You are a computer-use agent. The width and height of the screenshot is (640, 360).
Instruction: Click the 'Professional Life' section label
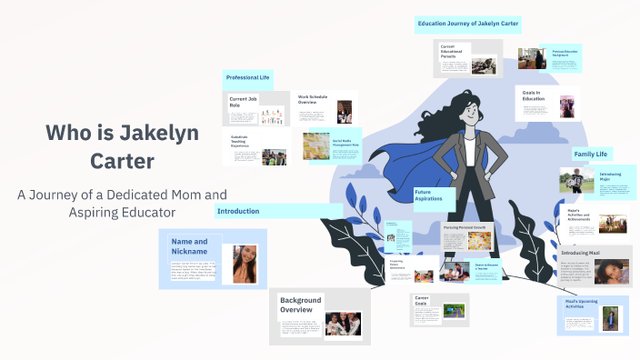coord(247,77)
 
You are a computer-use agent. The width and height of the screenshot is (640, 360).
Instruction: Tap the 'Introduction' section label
coord(237,211)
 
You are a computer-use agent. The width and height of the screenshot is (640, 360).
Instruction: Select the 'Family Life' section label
coord(590,155)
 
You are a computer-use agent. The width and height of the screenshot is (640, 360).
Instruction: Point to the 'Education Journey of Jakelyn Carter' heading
coord(467,23)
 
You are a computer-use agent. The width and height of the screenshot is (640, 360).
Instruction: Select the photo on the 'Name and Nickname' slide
coord(246,263)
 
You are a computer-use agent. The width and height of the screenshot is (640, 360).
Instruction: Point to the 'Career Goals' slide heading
coord(425,302)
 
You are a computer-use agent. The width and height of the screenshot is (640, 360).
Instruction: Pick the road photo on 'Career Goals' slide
coord(454,310)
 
